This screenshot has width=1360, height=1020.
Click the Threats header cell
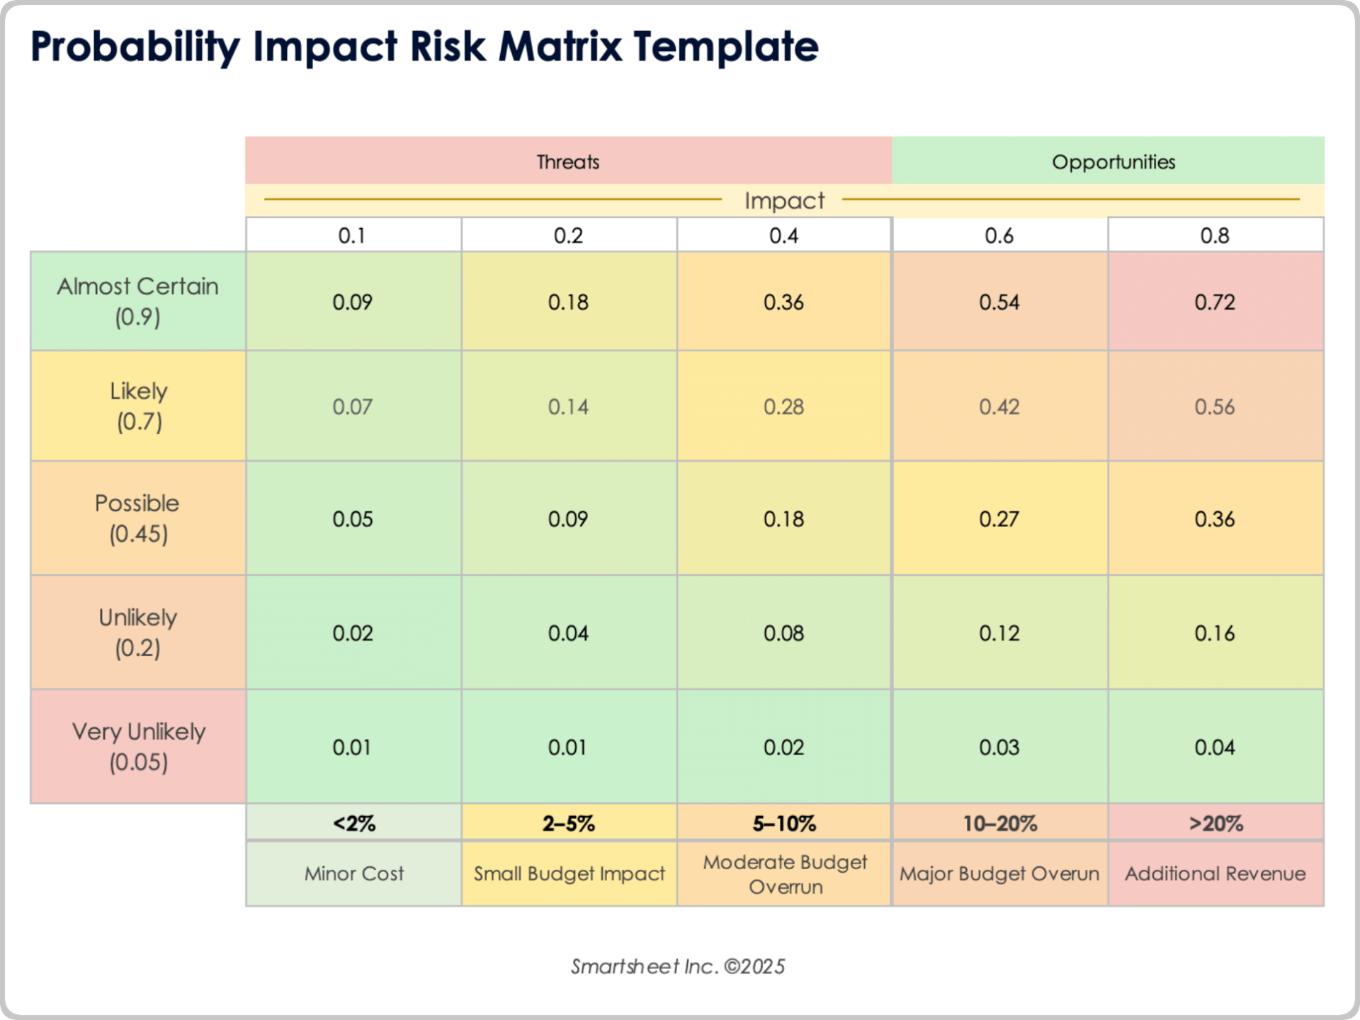(x=568, y=161)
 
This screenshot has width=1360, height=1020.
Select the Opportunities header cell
(x=1113, y=161)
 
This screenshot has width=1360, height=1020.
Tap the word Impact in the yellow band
(x=784, y=200)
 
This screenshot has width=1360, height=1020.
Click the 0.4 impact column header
(x=783, y=235)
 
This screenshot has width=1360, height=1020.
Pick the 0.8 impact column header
(x=1214, y=235)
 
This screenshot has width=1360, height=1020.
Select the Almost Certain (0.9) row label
(x=138, y=301)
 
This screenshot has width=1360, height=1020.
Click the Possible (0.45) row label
(x=138, y=518)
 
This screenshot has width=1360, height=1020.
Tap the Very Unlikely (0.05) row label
(x=138, y=747)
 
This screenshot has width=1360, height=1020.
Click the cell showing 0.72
(x=1214, y=302)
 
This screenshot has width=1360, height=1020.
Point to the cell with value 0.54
(x=999, y=302)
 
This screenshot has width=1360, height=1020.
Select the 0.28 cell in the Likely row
(x=783, y=407)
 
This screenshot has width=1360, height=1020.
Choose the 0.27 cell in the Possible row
(x=999, y=518)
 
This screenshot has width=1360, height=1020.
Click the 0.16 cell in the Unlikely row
(x=1214, y=633)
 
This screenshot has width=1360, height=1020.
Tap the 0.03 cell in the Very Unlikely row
(x=999, y=747)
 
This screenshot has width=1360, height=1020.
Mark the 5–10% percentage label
(x=783, y=823)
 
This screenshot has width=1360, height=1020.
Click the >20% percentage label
(x=1215, y=823)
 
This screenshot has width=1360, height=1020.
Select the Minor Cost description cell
(x=353, y=873)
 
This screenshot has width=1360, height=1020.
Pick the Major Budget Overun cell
(x=999, y=873)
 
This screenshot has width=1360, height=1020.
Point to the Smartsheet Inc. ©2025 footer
(x=678, y=966)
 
